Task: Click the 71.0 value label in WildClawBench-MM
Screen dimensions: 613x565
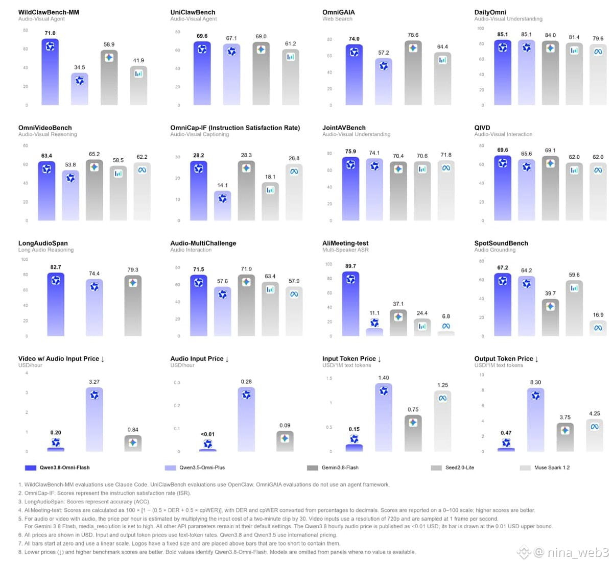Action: tap(50, 33)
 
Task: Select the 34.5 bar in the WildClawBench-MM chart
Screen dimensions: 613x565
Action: tap(80, 89)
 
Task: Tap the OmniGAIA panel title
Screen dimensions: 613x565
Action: tap(338, 12)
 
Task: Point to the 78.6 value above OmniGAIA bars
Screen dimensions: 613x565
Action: tap(413, 35)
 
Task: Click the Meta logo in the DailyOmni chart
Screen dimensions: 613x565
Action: tap(598, 52)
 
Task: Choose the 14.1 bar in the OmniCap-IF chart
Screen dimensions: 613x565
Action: tap(223, 205)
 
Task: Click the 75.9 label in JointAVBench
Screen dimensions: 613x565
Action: tap(350, 152)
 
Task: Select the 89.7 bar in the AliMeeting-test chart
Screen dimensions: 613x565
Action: tap(350, 304)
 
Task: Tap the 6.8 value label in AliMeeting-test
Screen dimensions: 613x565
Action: tap(446, 316)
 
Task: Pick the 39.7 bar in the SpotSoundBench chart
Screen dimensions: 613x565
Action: tap(550, 317)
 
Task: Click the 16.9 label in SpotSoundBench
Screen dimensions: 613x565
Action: tap(598, 315)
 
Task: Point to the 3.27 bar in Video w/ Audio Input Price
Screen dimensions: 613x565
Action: tap(94, 420)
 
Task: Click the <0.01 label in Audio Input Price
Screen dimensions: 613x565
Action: tap(207, 434)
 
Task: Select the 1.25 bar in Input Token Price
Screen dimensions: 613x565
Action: tap(442, 421)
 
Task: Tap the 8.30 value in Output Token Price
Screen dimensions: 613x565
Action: tap(535, 382)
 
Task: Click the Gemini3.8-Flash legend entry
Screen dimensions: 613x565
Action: tap(333, 468)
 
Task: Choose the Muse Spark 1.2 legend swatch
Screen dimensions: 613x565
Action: tap(525, 468)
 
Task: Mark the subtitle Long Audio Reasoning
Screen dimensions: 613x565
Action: tap(45, 250)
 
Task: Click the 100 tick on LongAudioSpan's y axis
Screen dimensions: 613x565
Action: tap(25, 259)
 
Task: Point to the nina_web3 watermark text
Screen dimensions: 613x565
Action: tap(577, 552)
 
